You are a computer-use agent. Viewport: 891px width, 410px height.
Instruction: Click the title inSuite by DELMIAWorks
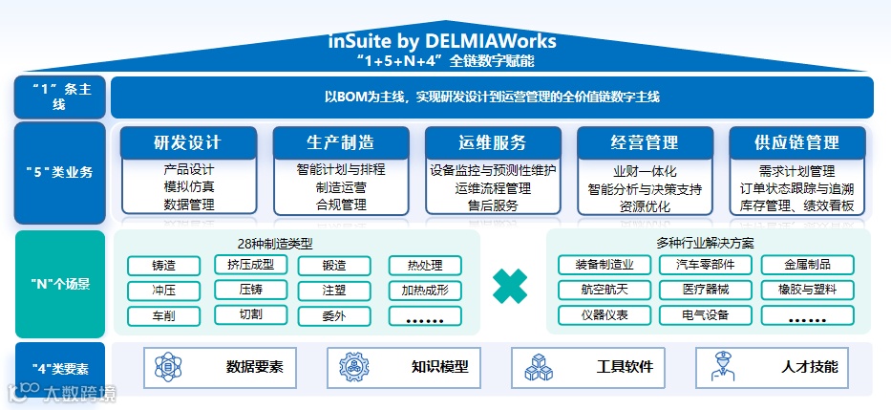click(x=442, y=42)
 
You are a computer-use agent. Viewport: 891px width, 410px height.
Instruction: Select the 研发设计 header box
click(x=188, y=143)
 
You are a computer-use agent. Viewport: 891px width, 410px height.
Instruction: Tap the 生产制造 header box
click(x=341, y=143)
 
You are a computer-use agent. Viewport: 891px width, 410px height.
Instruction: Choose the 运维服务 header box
click(x=493, y=143)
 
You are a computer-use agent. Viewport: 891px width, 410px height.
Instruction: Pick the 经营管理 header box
click(x=645, y=143)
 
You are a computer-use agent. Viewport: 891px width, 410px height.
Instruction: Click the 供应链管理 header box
click(x=797, y=143)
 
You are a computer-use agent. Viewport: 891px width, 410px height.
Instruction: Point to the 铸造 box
click(x=163, y=266)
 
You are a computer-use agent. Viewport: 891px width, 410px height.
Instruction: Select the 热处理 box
click(x=425, y=266)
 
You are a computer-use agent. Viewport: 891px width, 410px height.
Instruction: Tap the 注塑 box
click(x=334, y=290)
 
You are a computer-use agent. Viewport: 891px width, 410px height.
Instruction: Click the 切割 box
click(x=249, y=313)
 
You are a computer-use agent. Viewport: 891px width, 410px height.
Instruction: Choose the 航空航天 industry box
click(x=604, y=290)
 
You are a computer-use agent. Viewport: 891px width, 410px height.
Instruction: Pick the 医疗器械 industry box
click(x=706, y=290)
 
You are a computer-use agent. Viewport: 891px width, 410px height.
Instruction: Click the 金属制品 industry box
click(x=807, y=266)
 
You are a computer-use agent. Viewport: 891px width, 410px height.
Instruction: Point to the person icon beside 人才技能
click(x=719, y=367)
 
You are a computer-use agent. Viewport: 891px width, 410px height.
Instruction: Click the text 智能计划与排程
click(x=341, y=170)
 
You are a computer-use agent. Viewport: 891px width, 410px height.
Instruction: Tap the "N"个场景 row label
click(x=59, y=284)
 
